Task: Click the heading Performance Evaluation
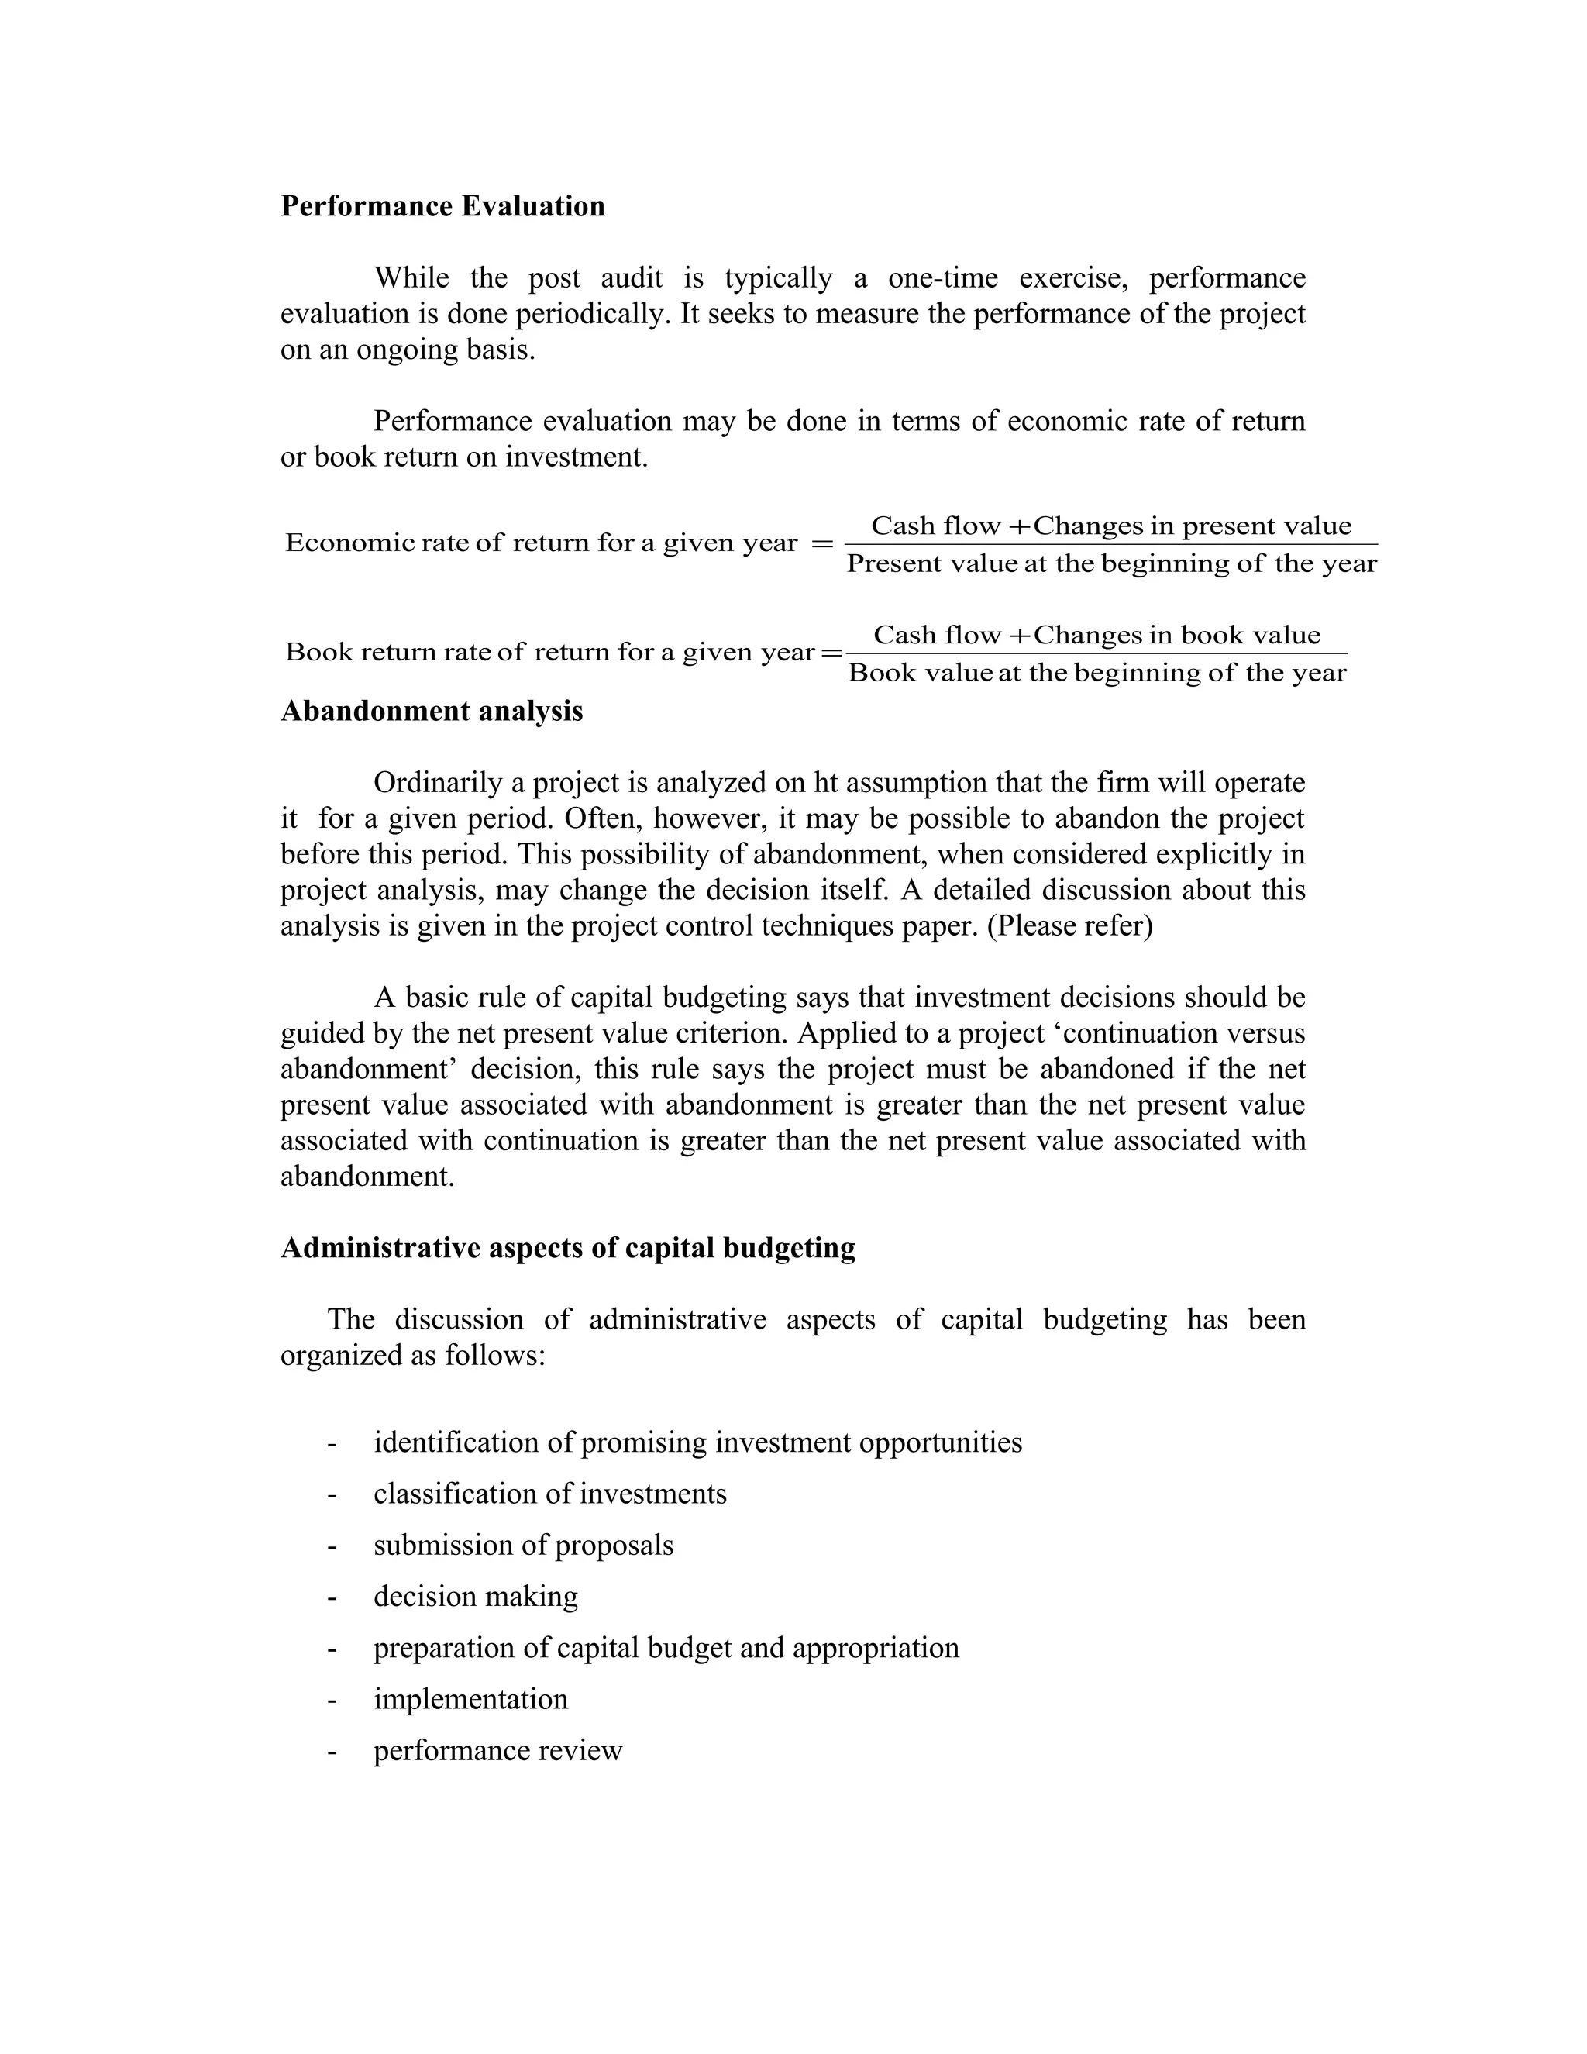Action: click(442, 206)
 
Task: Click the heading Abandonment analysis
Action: click(432, 711)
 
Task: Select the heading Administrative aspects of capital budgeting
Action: click(568, 1248)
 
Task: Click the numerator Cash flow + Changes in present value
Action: click(1110, 526)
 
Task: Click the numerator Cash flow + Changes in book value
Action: click(1096, 635)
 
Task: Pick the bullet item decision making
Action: click(476, 1597)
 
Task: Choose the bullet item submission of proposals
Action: click(524, 1546)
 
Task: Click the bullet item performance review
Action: click(497, 1751)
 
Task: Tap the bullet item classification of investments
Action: click(550, 1494)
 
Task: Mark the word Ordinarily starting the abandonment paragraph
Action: click(437, 784)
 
